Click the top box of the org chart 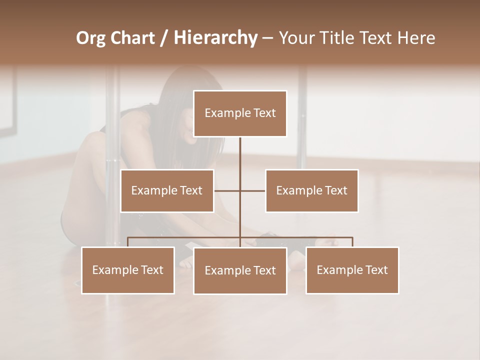coord(240,113)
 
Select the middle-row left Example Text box coord(167,190)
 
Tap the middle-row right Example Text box coord(311,190)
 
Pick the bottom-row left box coord(128,270)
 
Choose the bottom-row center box coord(240,270)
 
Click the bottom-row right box coord(352,270)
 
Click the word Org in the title coord(90,38)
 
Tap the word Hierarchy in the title coord(215,38)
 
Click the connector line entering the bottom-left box coord(128,242)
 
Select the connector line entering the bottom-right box coord(352,242)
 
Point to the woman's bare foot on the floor coord(297,258)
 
